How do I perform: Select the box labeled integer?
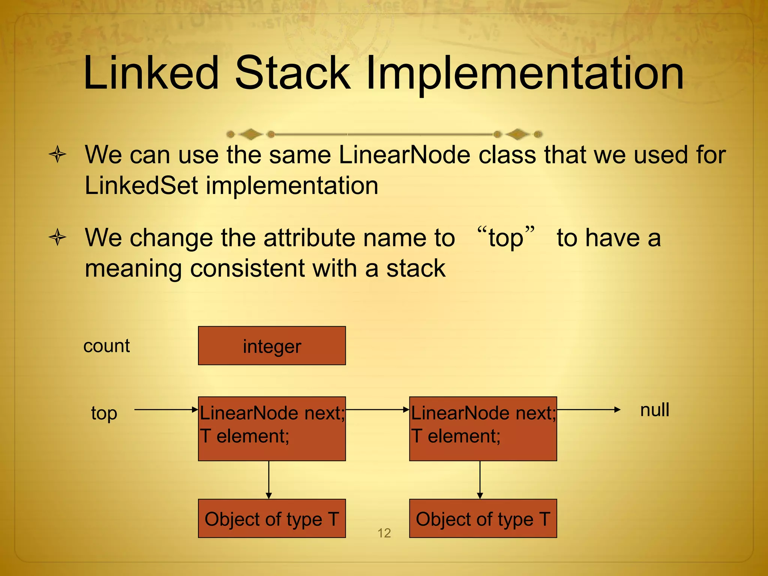tap(271, 346)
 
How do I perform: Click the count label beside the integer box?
tap(106, 346)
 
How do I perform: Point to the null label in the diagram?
tap(654, 410)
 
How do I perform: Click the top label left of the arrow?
tap(104, 413)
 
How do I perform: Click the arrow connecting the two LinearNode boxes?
tap(377, 410)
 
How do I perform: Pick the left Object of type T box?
tap(271, 519)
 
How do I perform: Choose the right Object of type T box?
tap(483, 519)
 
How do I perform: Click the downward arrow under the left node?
tap(268, 480)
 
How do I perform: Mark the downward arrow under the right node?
tap(480, 480)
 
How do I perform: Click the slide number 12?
tap(384, 533)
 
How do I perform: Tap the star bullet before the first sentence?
tap(57, 154)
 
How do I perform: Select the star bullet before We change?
tap(57, 237)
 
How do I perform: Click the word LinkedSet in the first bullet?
tap(141, 186)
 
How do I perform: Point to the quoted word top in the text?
tap(505, 238)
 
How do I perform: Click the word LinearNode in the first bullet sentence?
tap(404, 155)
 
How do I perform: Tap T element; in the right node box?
tap(456, 436)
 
